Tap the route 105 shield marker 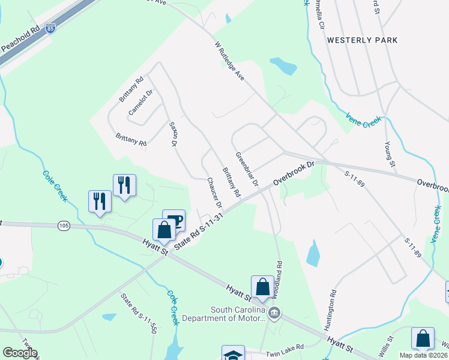pos(64,226)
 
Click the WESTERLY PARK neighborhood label pos(362,40)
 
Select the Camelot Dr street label pos(141,103)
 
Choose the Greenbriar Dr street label pos(246,169)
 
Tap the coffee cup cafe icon pos(174,220)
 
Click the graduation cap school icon pos(233,353)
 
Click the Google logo pos(20,353)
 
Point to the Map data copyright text pos(423,355)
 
